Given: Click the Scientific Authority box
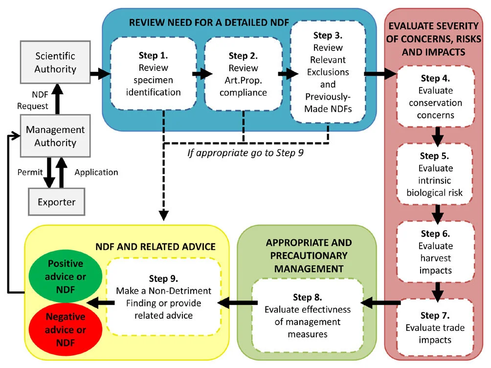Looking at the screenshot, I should click(55, 63).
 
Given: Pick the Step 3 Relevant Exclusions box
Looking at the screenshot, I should click(328, 71).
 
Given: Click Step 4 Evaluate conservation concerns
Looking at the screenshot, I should click(435, 97).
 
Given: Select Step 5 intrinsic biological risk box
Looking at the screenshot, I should click(435, 174).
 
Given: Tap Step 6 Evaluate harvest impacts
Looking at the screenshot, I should click(435, 252).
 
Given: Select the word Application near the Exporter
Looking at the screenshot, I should click(96, 172).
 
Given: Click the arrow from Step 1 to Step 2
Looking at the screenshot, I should click(201, 74).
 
